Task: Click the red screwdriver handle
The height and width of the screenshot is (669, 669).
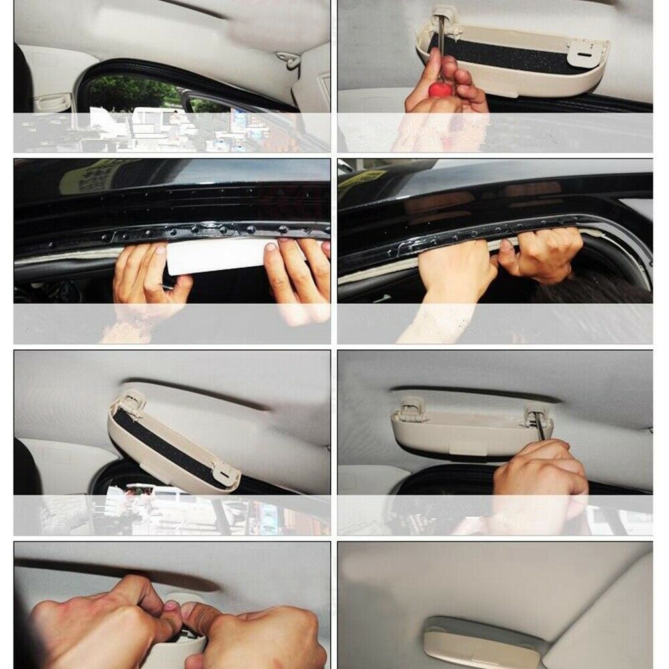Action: [x=440, y=90]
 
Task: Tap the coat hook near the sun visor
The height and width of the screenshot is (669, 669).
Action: [x=290, y=60]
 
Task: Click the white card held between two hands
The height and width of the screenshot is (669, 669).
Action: [x=217, y=256]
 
